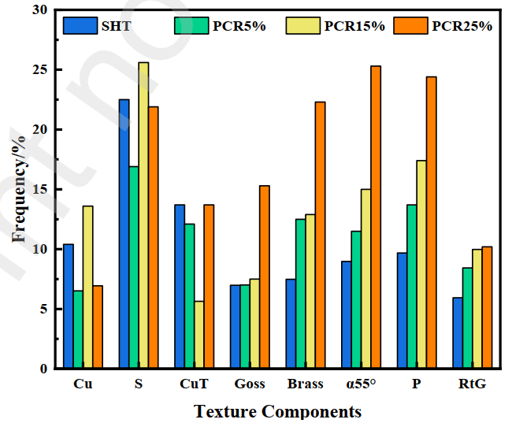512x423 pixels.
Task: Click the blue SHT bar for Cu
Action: [x=69, y=306]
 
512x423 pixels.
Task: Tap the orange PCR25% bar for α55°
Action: [x=376, y=217]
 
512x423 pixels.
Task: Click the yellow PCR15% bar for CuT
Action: [x=199, y=335]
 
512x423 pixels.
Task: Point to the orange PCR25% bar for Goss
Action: [x=265, y=276]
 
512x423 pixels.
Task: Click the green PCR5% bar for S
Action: [x=133, y=267]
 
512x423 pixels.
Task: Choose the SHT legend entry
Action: [x=98, y=26]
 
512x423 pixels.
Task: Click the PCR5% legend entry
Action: [x=220, y=26]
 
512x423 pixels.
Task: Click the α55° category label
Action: [x=362, y=384]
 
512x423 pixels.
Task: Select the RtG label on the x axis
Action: [x=473, y=384]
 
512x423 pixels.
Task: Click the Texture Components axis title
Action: [x=277, y=411]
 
